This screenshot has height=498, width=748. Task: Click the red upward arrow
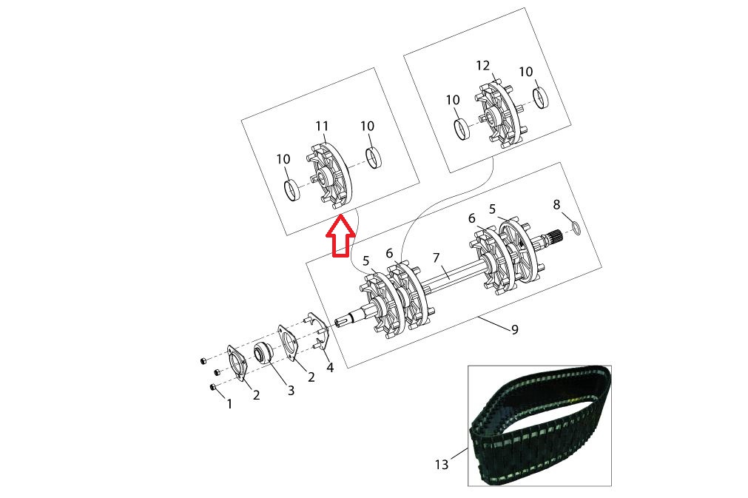[x=340, y=236]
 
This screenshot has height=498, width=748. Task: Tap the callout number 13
[x=442, y=464]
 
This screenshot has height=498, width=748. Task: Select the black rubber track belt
[x=541, y=425]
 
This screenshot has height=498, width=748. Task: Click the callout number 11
[x=322, y=126]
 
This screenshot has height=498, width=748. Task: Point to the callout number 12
[x=483, y=65]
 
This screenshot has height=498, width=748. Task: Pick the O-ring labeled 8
[x=576, y=227]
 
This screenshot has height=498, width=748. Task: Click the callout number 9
[x=514, y=329]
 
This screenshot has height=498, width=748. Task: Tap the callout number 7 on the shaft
[x=436, y=258]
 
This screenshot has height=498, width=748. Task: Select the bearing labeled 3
[x=263, y=354]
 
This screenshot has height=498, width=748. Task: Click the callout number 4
[x=330, y=367]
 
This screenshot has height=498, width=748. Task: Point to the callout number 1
[x=229, y=404]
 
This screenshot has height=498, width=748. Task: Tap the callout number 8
[x=556, y=205]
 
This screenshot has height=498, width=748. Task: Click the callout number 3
[x=291, y=390]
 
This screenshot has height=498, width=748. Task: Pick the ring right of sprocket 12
[x=541, y=98]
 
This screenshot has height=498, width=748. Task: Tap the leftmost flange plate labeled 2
[x=237, y=363]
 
